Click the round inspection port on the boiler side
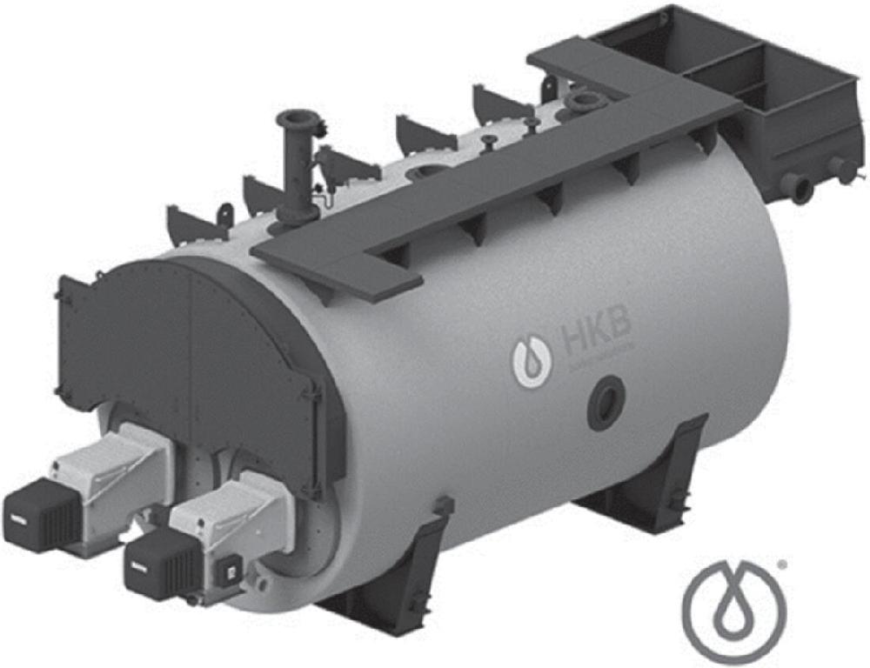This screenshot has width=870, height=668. pos(606,403)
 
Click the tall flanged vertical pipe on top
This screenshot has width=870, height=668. pos(297,165)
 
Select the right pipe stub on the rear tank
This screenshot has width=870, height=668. pos(841,168)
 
